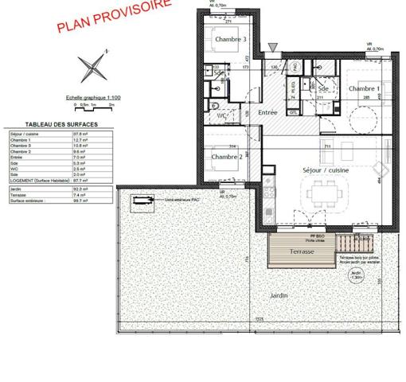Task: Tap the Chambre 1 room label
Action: click(x=363, y=88)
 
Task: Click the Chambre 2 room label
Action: click(x=226, y=158)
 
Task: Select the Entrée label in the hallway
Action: click(x=267, y=113)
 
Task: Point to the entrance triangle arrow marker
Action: click(x=274, y=48)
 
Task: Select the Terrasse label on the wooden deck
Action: click(x=302, y=251)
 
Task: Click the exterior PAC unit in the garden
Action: click(x=143, y=201)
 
